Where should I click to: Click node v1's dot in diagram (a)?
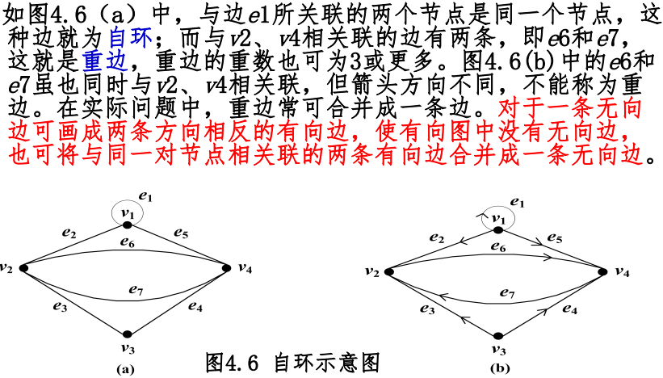[128, 225]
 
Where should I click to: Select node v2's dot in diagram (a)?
[23, 267]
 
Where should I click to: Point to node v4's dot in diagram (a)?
[229, 267]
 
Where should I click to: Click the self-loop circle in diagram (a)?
[128, 212]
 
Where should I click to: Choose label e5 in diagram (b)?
[555, 237]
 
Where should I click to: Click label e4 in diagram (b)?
[569, 309]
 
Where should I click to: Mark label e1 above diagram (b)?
[518, 200]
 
